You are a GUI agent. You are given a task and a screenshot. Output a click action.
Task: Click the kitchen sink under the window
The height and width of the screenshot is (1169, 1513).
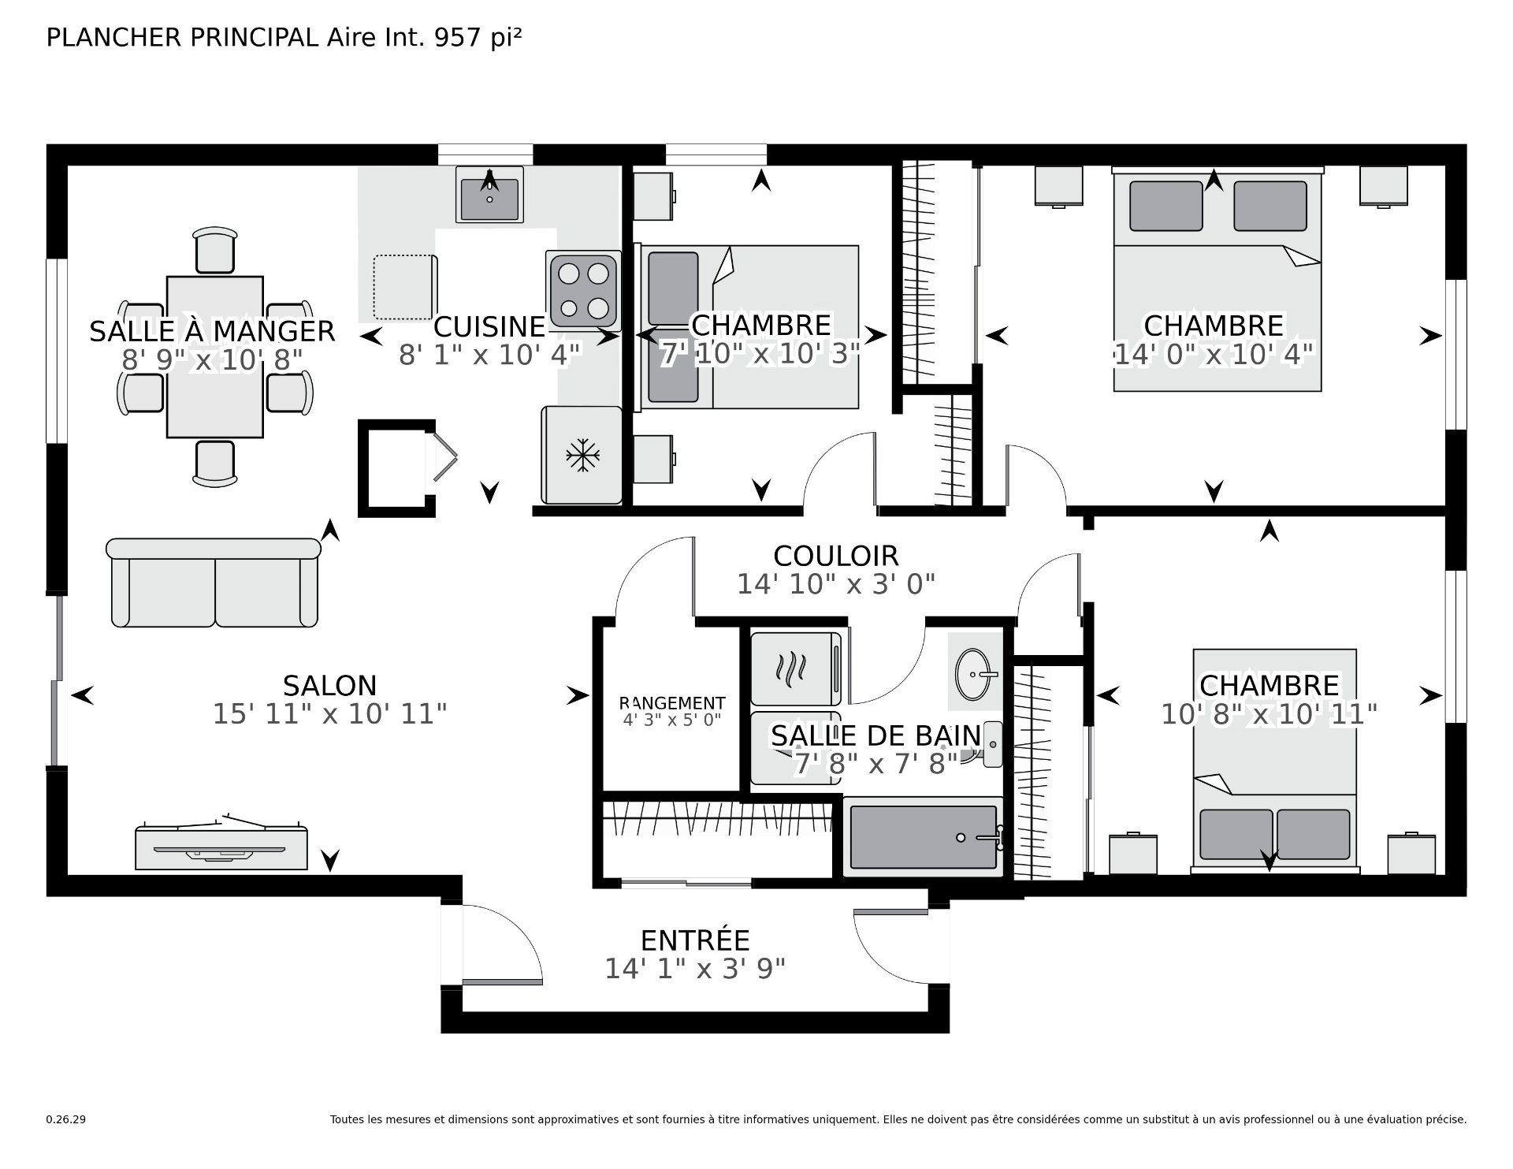click(489, 195)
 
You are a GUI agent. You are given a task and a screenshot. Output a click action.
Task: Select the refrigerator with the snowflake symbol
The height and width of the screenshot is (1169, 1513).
click(582, 455)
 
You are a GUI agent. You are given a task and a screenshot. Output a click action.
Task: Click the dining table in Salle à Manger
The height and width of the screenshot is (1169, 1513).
click(214, 356)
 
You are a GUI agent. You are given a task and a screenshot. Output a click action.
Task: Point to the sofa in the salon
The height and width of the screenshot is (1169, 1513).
click(214, 583)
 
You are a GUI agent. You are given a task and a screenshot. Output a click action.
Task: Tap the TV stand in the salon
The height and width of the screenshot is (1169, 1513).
click(221, 845)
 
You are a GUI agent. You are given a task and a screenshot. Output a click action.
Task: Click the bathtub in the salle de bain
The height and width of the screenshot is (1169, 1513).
click(923, 837)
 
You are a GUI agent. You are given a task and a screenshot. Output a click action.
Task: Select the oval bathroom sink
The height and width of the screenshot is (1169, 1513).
click(976, 674)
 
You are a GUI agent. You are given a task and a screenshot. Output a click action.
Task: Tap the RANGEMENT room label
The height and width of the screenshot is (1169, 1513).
click(672, 703)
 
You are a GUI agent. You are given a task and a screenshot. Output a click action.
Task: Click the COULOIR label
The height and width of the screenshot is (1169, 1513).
click(836, 556)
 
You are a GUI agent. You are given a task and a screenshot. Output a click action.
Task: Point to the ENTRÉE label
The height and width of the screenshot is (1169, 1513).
click(695, 940)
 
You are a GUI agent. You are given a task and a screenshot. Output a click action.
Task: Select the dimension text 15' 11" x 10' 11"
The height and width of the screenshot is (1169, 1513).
click(330, 714)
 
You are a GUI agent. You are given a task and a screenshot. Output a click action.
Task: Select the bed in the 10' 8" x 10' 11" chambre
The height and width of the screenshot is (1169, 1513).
click(1274, 761)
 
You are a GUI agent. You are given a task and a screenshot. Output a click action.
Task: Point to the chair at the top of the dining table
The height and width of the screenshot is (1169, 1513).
click(214, 250)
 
